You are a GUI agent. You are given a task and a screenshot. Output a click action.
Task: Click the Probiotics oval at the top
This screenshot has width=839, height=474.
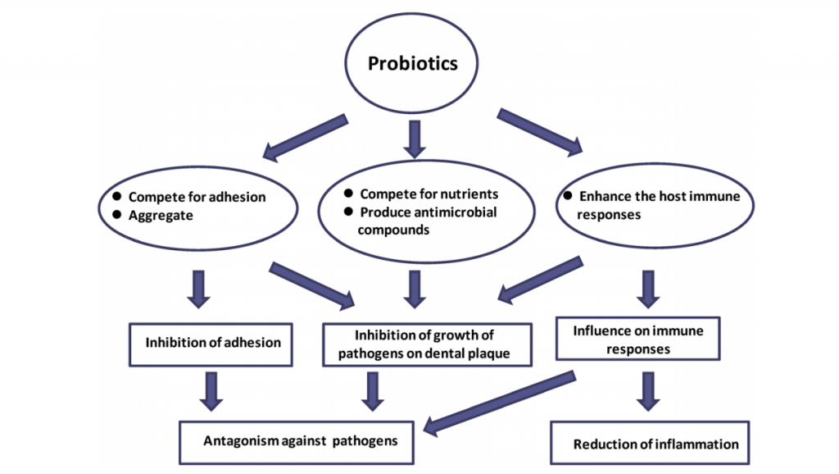click(x=412, y=64)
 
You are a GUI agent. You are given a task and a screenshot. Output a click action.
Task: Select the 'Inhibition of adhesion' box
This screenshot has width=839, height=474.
click(x=212, y=343)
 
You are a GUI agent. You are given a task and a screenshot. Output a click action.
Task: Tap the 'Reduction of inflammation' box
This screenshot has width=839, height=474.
click(x=655, y=444)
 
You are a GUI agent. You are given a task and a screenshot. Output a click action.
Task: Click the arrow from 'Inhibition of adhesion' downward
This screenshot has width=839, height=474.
click(x=212, y=391)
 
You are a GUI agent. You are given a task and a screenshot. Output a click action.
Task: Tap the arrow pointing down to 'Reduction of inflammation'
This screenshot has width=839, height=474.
click(x=649, y=391)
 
